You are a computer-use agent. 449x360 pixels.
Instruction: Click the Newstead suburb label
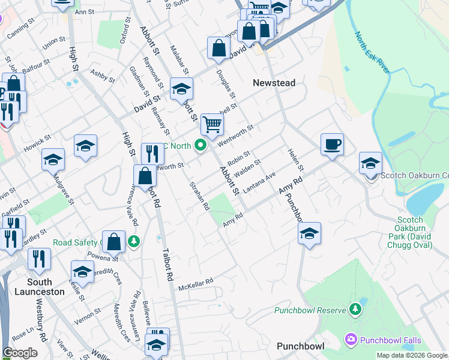point(274,83)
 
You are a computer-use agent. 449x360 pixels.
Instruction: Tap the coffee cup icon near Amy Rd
point(332,145)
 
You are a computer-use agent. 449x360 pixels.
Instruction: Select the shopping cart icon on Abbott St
point(212,124)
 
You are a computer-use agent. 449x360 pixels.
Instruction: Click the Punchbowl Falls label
point(390,340)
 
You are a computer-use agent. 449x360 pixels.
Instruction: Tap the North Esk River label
point(372,54)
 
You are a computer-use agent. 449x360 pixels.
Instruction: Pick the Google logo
point(20,353)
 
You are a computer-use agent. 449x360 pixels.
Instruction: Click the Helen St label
point(294,158)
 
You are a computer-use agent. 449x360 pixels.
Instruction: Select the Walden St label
point(248,168)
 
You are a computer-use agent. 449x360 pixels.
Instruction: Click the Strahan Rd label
point(199,196)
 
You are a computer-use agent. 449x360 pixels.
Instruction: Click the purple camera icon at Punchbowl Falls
point(351,340)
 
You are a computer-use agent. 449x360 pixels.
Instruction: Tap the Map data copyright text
point(412,355)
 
